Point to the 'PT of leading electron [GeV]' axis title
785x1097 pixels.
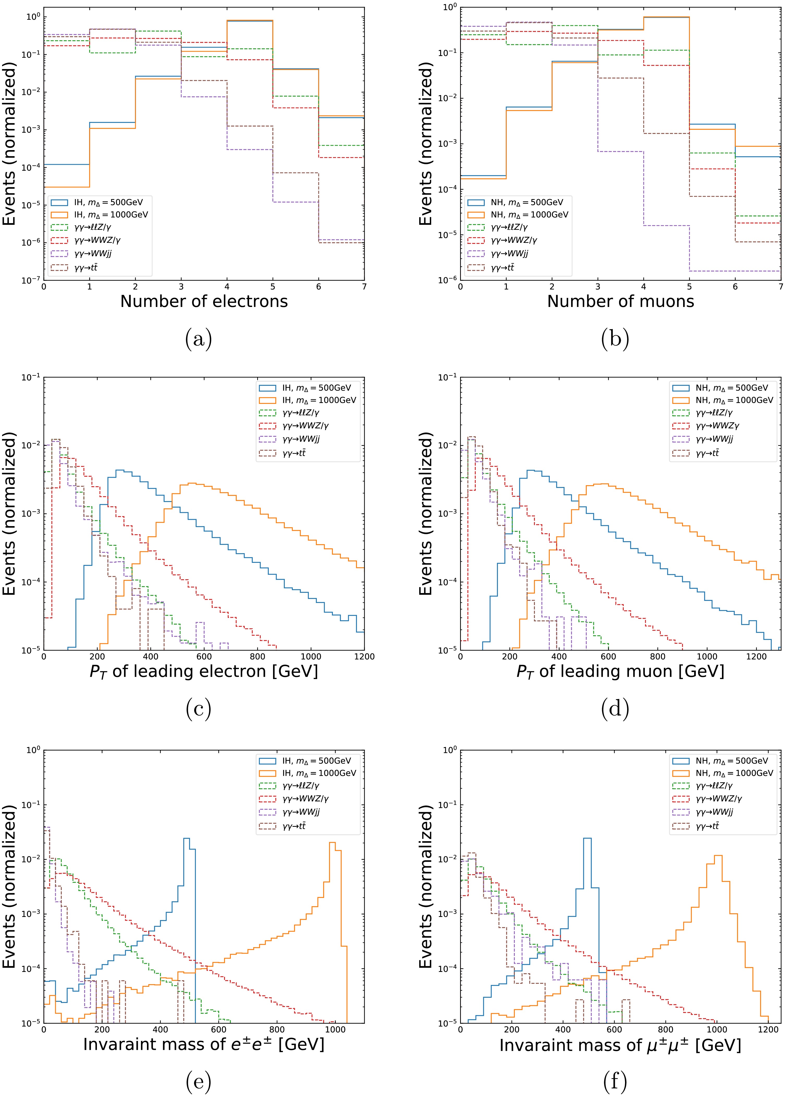[204, 671]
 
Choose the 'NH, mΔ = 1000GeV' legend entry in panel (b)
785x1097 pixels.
[529, 215]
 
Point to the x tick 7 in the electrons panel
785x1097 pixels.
[364, 286]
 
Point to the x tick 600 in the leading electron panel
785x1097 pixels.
[204, 657]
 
